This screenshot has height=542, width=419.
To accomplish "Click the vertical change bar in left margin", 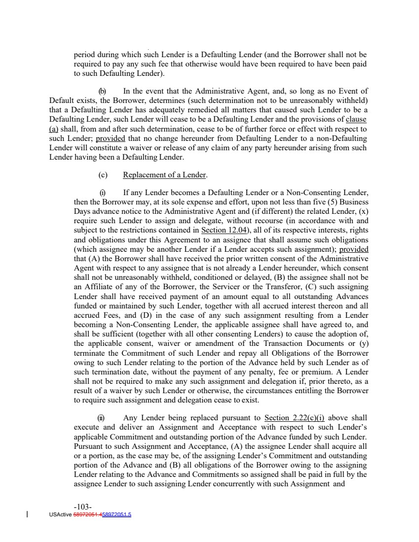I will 26,514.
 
